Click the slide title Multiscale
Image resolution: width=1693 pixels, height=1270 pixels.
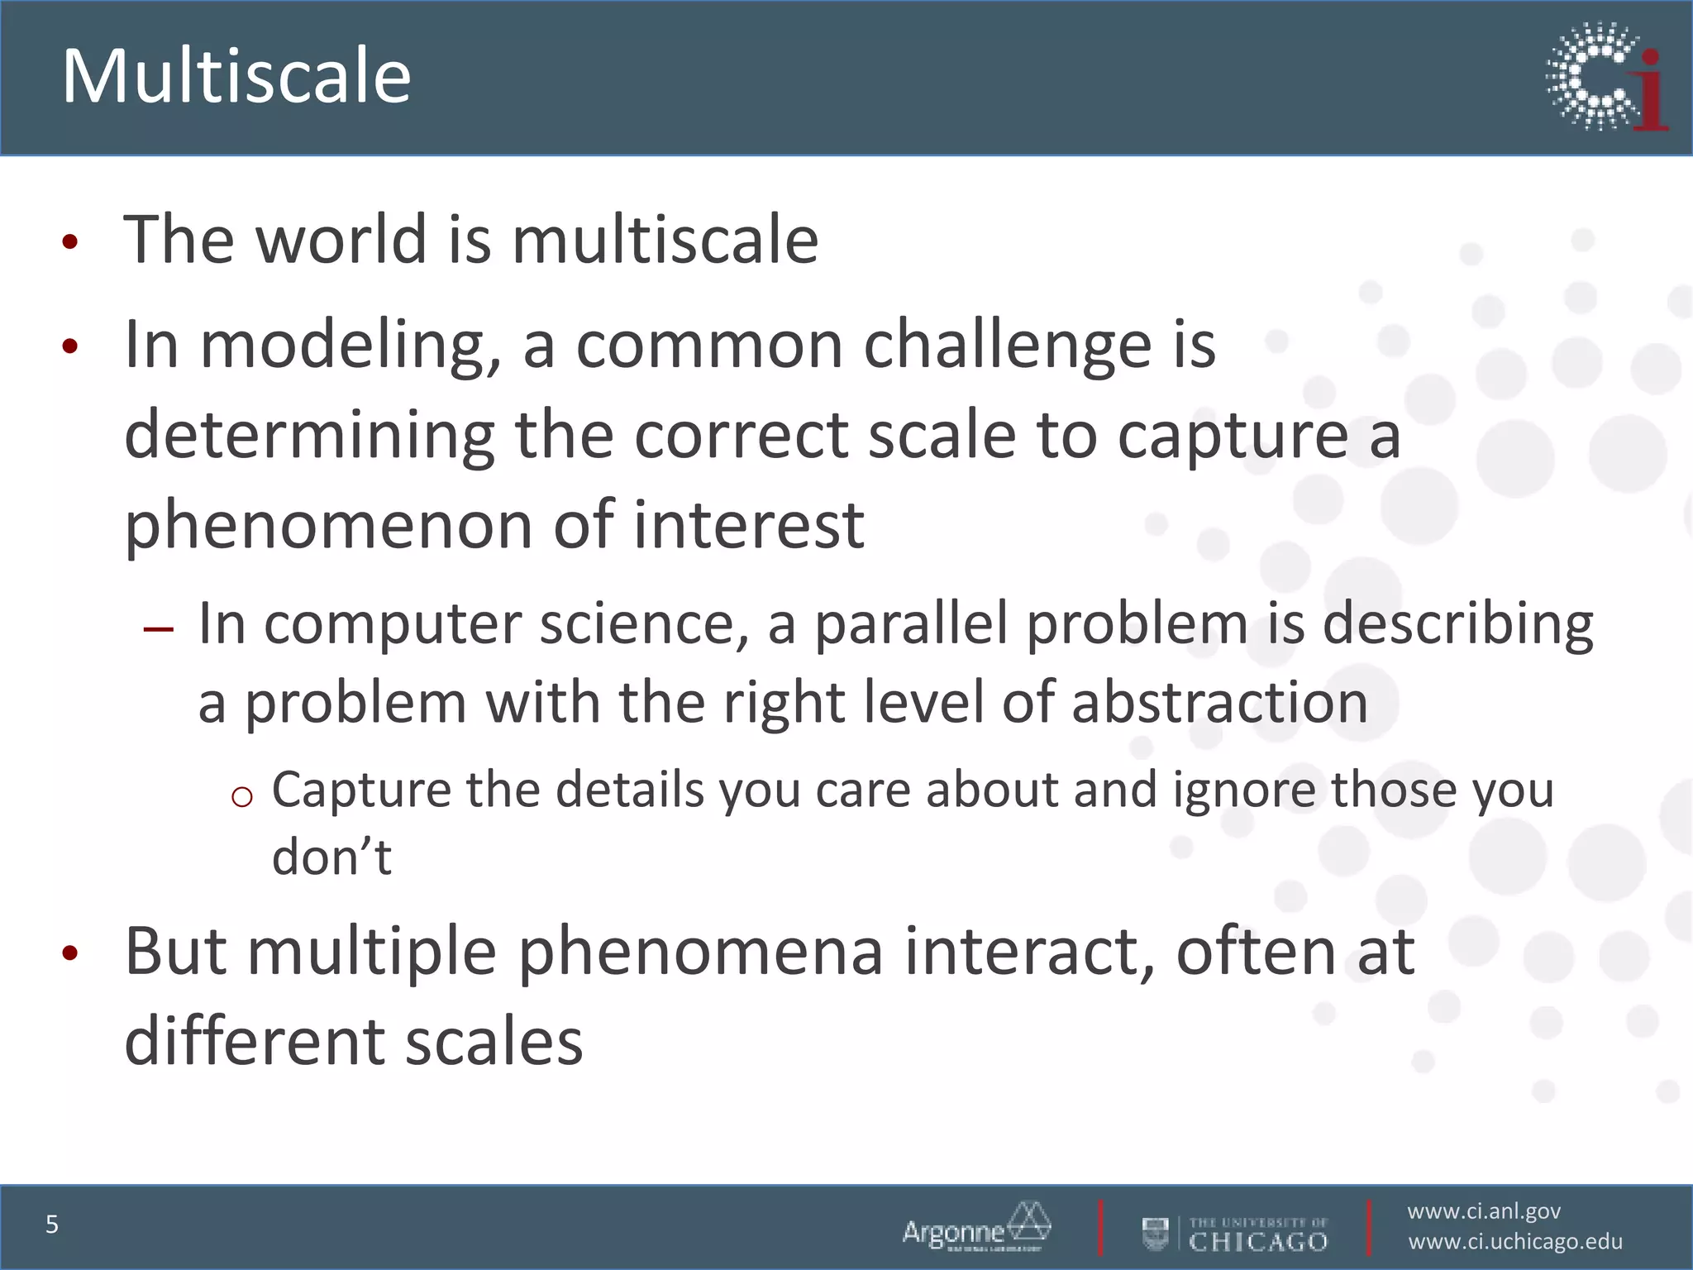[x=236, y=77]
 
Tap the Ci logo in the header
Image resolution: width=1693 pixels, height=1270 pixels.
[x=1605, y=77]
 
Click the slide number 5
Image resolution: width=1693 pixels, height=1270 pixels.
[x=52, y=1224]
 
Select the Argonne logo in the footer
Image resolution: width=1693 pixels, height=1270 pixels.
[x=975, y=1227]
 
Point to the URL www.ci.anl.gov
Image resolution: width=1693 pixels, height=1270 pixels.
[x=1483, y=1211]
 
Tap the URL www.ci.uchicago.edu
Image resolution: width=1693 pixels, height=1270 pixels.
[x=1514, y=1242]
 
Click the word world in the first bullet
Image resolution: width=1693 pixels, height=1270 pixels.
[x=341, y=240]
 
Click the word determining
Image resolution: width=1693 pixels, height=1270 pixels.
[x=309, y=436]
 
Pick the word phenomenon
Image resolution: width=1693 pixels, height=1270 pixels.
[x=328, y=527]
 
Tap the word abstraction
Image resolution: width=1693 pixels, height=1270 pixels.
[x=1219, y=703]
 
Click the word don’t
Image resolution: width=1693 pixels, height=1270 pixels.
[x=331, y=857]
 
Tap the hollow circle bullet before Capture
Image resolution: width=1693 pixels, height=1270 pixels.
[x=241, y=797]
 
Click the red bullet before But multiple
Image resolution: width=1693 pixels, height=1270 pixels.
[x=70, y=953]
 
